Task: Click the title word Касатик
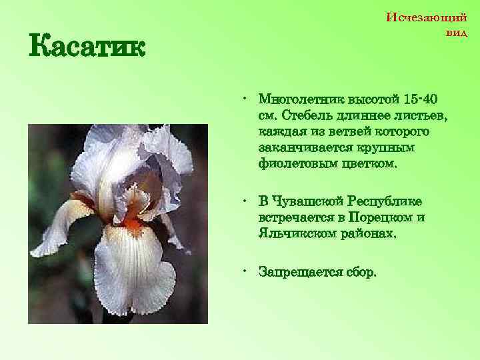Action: [x=86, y=48]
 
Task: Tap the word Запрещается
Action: [x=299, y=272]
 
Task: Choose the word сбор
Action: [x=360, y=272]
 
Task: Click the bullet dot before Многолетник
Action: [x=246, y=99]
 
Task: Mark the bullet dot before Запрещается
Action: [x=246, y=271]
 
